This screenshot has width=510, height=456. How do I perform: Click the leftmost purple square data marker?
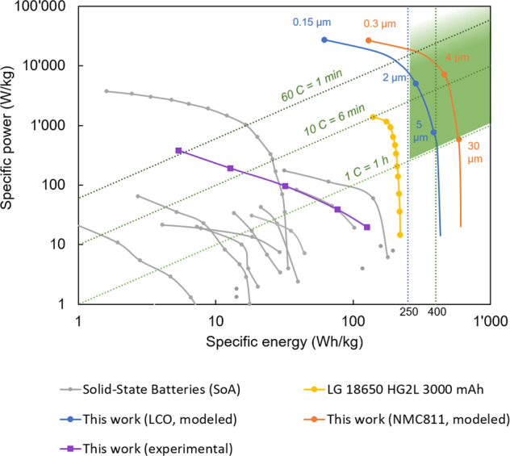coord(178,151)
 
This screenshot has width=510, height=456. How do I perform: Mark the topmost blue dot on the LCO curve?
coord(324,40)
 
